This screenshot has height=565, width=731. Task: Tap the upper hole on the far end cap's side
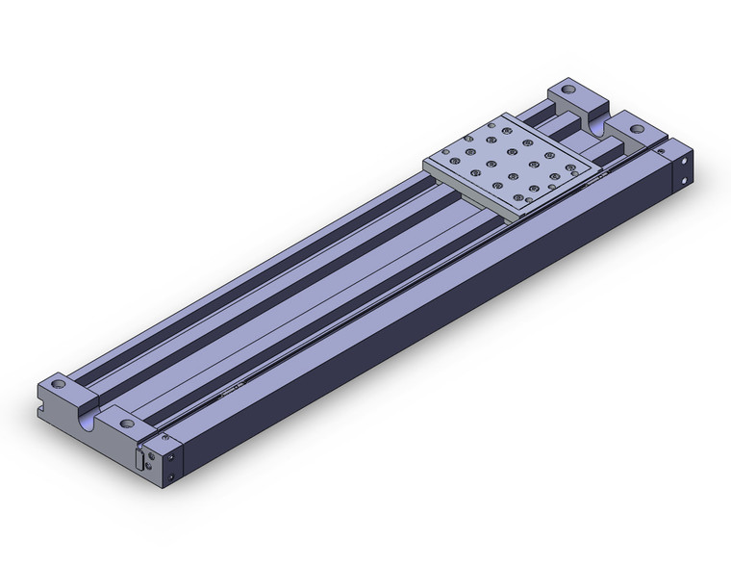point(686,159)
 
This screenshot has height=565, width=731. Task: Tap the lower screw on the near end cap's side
point(171,475)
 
